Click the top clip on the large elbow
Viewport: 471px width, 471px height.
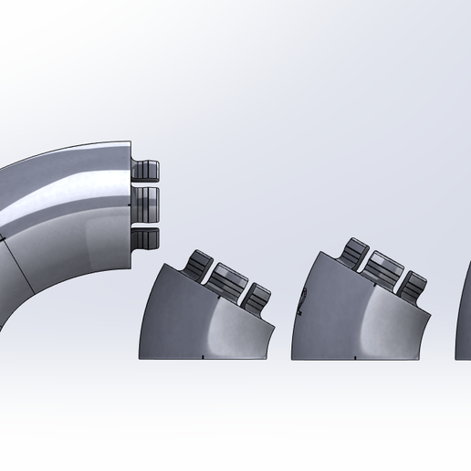(146, 171)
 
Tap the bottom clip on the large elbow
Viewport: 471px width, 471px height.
(146, 239)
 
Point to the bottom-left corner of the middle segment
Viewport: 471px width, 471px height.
(141, 357)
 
